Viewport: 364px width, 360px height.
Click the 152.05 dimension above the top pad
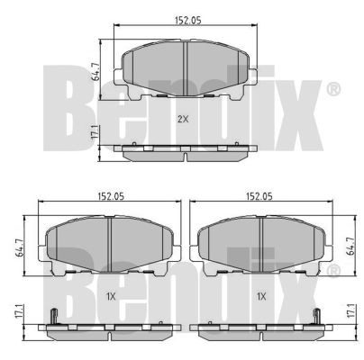(188, 21)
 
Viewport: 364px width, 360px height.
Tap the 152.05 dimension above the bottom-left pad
(111, 196)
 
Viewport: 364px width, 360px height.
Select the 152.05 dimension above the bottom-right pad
(259, 196)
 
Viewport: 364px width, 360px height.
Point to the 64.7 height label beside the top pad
(96, 72)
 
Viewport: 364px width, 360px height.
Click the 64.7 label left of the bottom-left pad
(20, 247)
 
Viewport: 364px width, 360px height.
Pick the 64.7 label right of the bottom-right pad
(350, 247)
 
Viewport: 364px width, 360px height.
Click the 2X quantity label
(183, 120)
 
